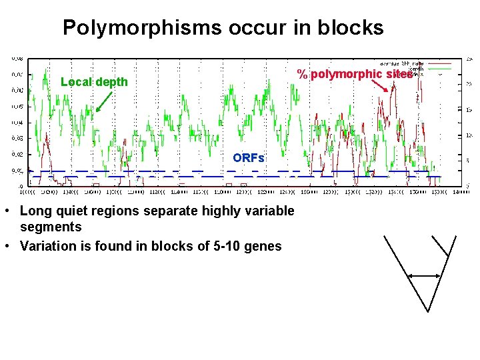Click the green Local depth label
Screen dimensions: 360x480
[94, 82]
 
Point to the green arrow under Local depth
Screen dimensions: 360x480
[102, 101]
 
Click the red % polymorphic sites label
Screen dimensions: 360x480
[355, 74]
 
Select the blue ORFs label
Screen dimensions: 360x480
[248, 158]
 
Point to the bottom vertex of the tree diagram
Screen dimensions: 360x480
[428, 311]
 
